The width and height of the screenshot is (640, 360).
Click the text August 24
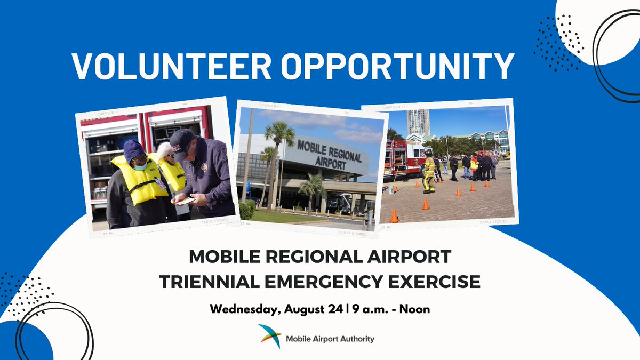coord(312,309)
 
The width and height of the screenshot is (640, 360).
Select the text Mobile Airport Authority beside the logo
coord(330,339)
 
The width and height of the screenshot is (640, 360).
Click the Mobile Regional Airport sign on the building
coord(329,155)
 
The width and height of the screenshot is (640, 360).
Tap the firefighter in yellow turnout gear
coord(429,172)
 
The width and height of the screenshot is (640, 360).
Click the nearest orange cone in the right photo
coord(394,215)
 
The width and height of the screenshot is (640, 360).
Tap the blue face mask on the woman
coord(140,166)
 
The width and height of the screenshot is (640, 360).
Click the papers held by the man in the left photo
coord(185,201)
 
